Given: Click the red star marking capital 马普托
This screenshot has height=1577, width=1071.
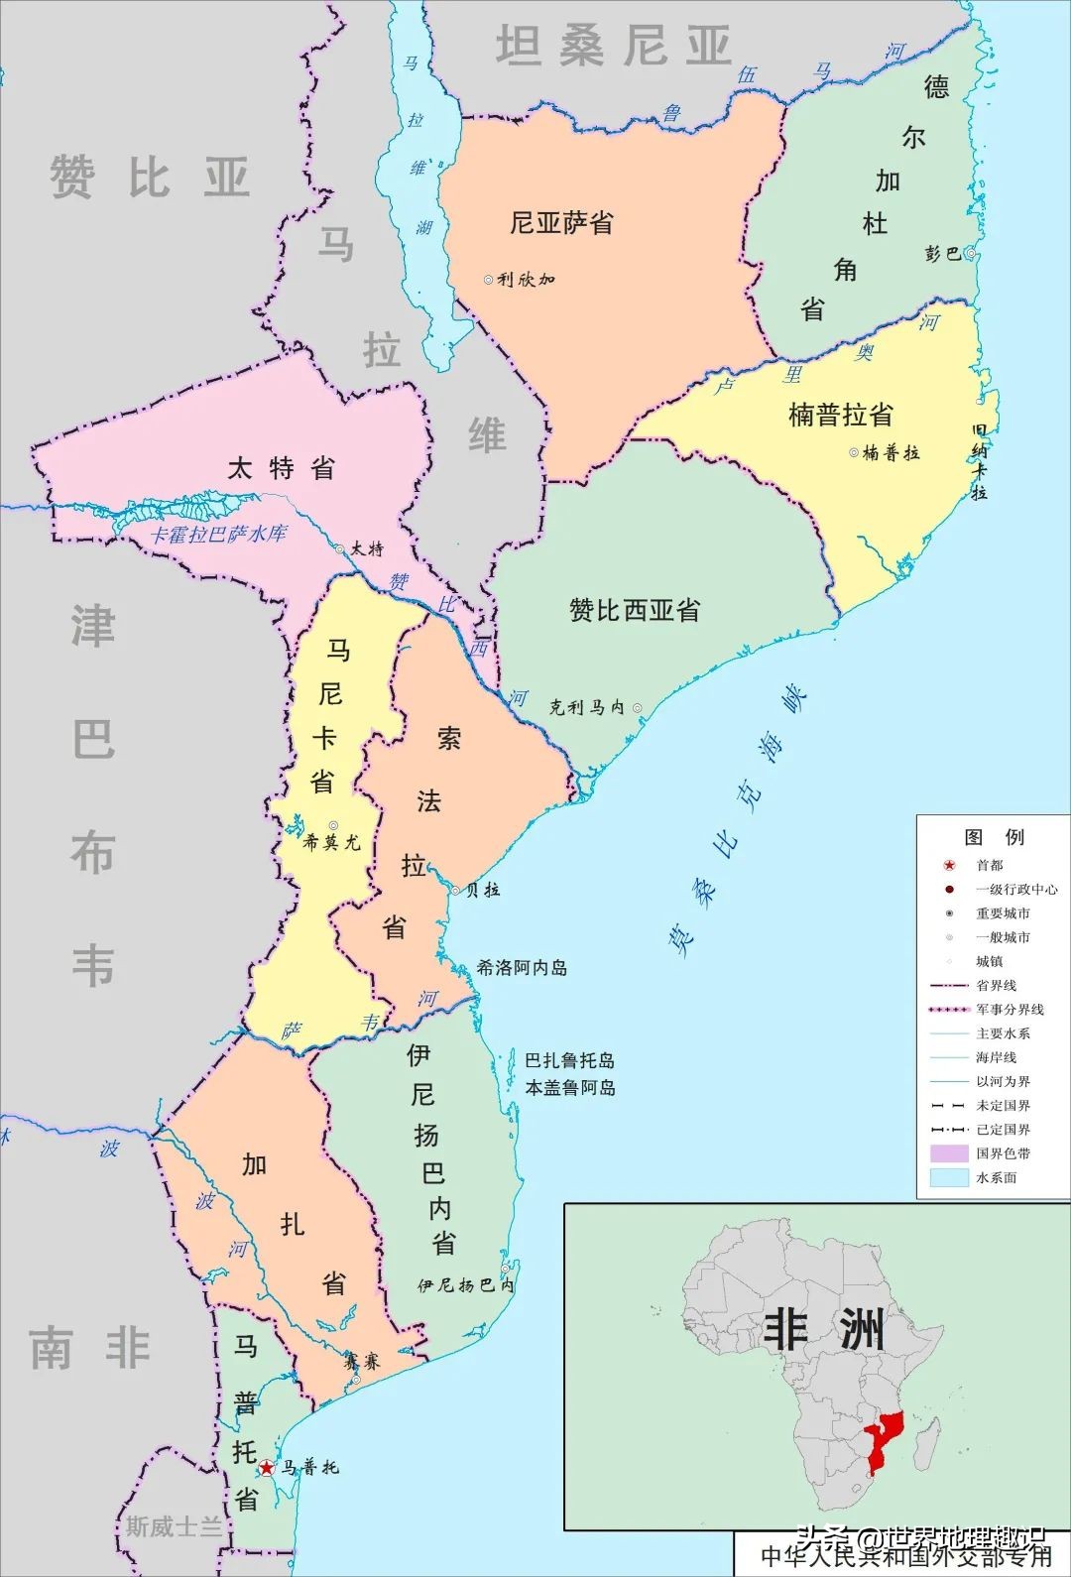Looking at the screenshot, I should (x=267, y=1468).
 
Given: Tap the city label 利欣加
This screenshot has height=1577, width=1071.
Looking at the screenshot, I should (x=526, y=280).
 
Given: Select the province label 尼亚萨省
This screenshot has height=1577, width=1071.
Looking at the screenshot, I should (x=561, y=222).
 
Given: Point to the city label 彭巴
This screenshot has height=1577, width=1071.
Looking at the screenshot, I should (x=942, y=254).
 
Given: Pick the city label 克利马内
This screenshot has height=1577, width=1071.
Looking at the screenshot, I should (x=587, y=707).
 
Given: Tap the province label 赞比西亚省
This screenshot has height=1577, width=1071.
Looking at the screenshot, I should (x=635, y=609).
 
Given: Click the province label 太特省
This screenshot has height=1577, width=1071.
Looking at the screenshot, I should (x=282, y=468).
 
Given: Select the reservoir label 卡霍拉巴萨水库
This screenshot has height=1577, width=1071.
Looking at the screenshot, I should (x=218, y=534).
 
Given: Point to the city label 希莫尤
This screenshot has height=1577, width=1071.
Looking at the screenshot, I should (x=331, y=843).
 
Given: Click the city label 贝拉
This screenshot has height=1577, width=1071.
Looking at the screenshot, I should (x=483, y=890).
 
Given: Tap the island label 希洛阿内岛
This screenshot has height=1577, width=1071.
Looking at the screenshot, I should (x=522, y=967).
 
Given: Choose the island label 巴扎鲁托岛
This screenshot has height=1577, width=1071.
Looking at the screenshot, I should (x=569, y=1060).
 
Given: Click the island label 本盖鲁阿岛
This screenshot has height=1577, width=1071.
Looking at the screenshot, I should (x=569, y=1087).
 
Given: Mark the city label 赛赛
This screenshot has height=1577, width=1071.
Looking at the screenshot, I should (x=362, y=1362).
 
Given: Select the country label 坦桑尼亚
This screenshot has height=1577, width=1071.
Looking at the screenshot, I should (x=613, y=46).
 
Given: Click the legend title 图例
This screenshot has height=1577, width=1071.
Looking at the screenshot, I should (x=994, y=836).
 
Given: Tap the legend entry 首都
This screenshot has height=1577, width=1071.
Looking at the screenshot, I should (x=990, y=865).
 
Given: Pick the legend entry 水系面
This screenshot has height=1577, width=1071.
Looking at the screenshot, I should (x=996, y=1177).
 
